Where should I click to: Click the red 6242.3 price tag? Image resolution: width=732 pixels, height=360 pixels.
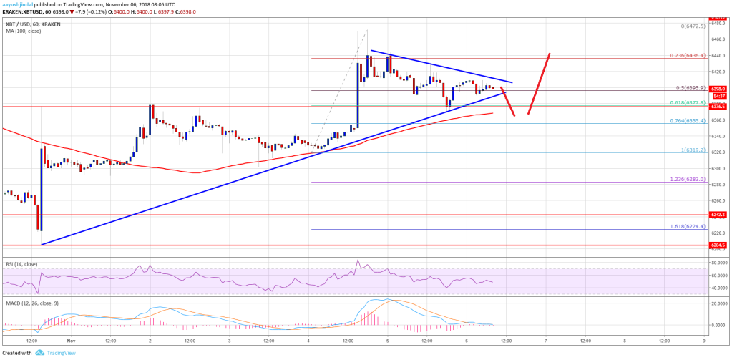tap(718, 214)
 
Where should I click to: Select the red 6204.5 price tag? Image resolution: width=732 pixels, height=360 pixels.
tap(718, 245)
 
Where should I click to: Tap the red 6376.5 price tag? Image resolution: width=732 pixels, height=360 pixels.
tap(718, 107)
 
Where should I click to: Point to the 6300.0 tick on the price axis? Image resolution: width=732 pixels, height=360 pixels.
tap(718, 169)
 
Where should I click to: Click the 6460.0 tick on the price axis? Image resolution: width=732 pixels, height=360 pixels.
tap(718, 39)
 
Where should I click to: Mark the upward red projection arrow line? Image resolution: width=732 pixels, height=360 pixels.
tap(539, 84)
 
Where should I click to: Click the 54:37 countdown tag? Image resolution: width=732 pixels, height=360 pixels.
tap(718, 96)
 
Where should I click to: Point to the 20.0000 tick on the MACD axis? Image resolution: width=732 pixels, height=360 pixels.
tap(718, 303)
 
